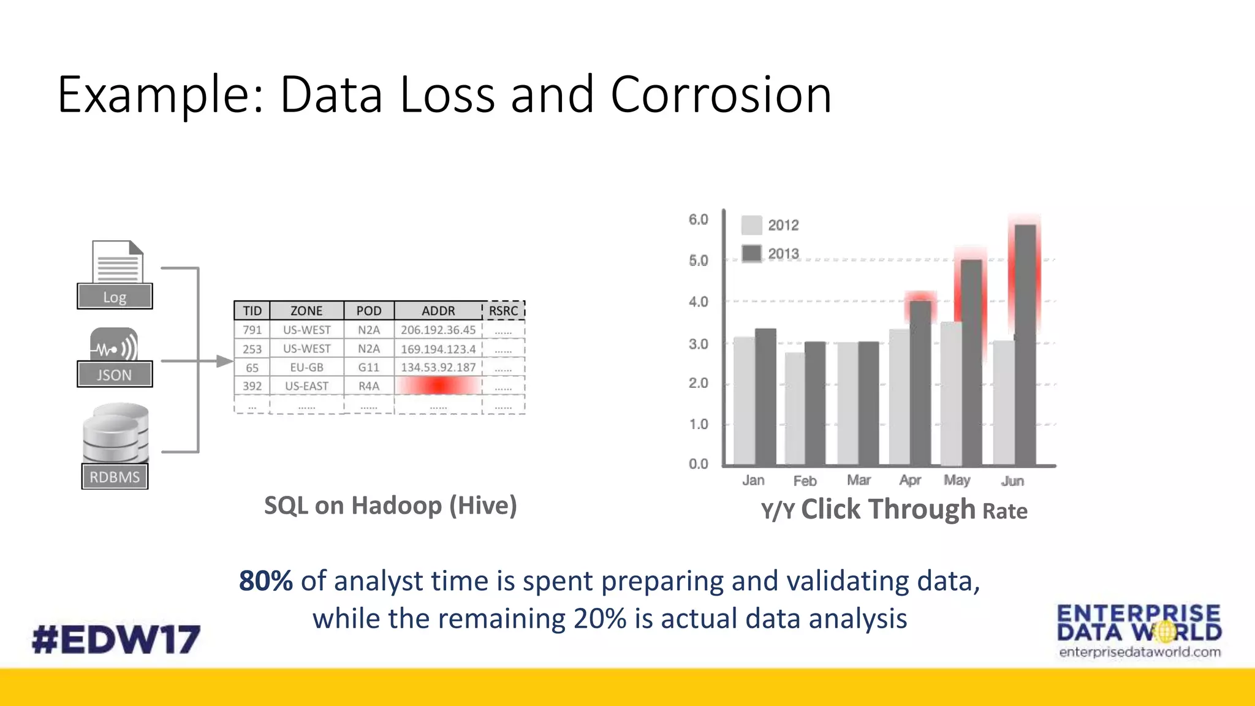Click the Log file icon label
pyautogui.click(x=115, y=297)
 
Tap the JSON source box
pyautogui.click(x=115, y=374)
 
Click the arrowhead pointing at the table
pyautogui.click(x=225, y=362)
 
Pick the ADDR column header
pyautogui.click(x=438, y=311)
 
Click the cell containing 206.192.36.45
pyautogui.click(x=438, y=330)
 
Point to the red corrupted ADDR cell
pyautogui.click(x=438, y=385)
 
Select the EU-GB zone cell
pyautogui.click(x=306, y=367)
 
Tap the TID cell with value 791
pyautogui.click(x=252, y=330)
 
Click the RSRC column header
pyautogui.click(x=503, y=311)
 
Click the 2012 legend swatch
pyautogui.click(x=751, y=225)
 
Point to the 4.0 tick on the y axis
pyautogui.click(x=698, y=302)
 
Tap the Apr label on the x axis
pyautogui.click(x=910, y=480)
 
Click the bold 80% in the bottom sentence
pyautogui.click(x=265, y=581)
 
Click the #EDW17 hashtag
pyautogui.click(x=116, y=639)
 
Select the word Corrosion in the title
pyautogui.click(x=721, y=95)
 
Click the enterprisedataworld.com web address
pyautogui.click(x=1140, y=652)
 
